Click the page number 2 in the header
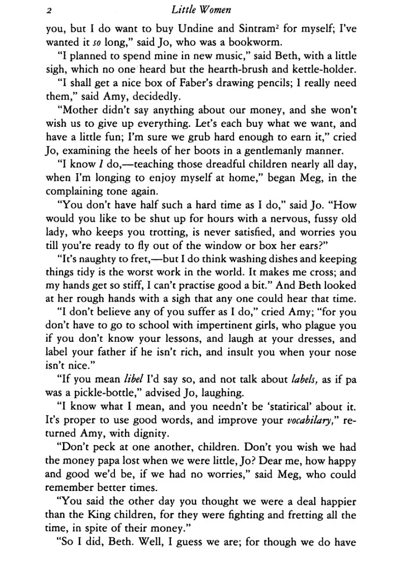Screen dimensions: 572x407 (50, 11)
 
